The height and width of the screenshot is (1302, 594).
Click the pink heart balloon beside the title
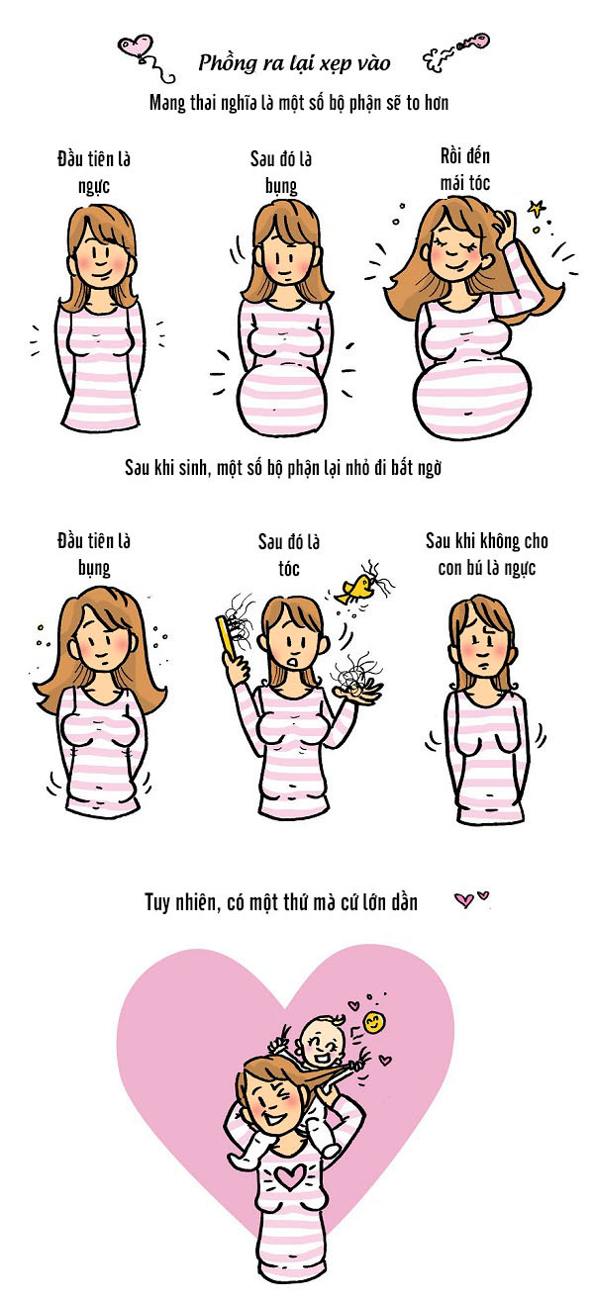click(137, 46)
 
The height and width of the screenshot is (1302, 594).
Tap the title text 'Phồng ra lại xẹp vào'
click(294, 63)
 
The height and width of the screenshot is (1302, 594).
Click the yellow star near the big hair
click(537, 208)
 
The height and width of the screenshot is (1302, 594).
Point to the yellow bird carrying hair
click(353, 590)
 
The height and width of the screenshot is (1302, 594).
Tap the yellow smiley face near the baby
click(373, 1022)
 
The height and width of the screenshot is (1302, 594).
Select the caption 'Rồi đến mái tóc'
click(465, 169)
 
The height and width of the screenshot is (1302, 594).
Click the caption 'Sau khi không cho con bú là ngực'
click(486, 554)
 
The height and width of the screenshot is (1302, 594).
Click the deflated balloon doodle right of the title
click(456, 51)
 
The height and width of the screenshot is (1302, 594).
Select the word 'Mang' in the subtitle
click(167, 104)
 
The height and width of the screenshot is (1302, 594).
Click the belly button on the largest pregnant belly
click(467, 416)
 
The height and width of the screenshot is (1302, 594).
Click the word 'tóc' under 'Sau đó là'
click(288, 568)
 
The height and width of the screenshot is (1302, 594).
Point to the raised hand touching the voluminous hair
click(505, 228)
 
